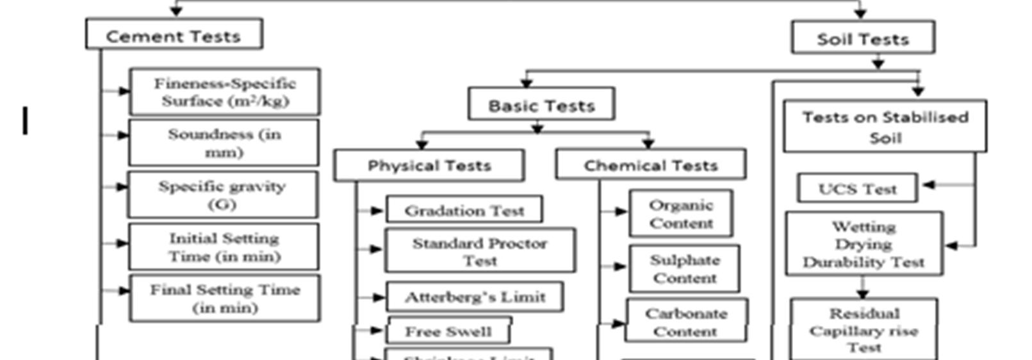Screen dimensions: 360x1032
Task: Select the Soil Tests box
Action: (x=862, y=38)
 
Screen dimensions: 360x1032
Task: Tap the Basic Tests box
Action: (x=541, y=104)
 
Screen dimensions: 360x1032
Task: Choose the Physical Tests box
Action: (x=429, y=165)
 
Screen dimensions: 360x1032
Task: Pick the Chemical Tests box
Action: (x=650, y=165)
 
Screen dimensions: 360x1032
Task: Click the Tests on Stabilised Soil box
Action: (x=885, y=126)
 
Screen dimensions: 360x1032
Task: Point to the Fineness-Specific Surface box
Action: (x=224, y=92)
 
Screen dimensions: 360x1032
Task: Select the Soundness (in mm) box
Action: (x=224, y=143)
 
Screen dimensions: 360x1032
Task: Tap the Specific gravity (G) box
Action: (x=222, y=195)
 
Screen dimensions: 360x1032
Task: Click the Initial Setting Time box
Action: (x=224, y=247)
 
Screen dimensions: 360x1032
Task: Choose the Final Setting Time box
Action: (x=224, y=298)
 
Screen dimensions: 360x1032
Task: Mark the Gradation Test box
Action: (x=464, y=210)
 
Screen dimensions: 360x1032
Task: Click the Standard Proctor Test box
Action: (x=480, y=250)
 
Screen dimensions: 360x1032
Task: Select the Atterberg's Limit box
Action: (x=475, y=297)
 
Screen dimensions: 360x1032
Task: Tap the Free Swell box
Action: (x=448, y=331)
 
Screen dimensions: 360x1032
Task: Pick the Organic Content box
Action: (x=681, y=213)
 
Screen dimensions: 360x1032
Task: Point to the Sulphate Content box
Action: (x=684, y=268)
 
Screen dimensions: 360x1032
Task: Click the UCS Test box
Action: (x=857, y=188)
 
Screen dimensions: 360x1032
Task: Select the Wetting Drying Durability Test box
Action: (x=864, y=244)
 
